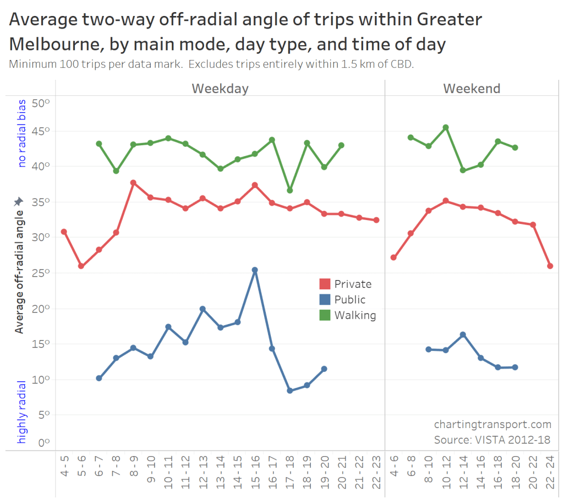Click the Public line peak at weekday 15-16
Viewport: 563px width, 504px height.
pyautogui.click(x=254, y=270)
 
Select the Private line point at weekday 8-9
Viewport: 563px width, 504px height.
pyautogui.click(x=133, y=183)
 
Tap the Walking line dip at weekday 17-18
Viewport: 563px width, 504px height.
pyautogui.click(x=289, y=190)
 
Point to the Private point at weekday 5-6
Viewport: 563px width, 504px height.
pyautogui.click(x=81, y=266)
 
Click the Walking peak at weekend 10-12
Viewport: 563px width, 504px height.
pyautogui.click(x=446, y=127)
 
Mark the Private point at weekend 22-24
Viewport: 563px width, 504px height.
pyautogui.click(x=550, y=266)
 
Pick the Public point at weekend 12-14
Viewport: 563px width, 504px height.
pyautogui.click(x=463, y=335)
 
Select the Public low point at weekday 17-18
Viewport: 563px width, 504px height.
pyautogui.click(x=289, y=391)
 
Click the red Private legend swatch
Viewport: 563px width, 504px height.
pyautogui.click(x=325, y=284)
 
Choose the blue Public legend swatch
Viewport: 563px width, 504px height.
pyautogui.click(x=325, y=300)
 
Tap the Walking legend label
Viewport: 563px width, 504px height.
pyautogui.click(x=355, y=316)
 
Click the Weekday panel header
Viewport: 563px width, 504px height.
pyautogui.click(x=220, y=89)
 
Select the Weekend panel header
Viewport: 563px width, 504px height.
pyautogui.click(x=472, y=89)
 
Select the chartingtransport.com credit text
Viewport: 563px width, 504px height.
pyautogui.click(x=493, y=424)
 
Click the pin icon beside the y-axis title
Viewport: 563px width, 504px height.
pyautogui.click(x=18, y=202)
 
